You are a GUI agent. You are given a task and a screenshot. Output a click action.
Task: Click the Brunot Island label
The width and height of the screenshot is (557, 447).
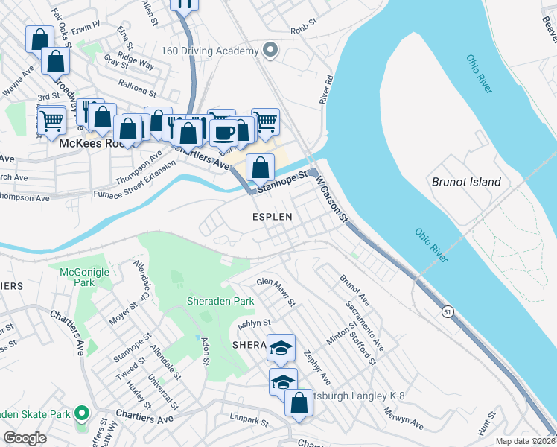tap(466, 182)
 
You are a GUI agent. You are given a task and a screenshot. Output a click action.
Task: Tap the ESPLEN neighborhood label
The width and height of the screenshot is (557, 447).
tap(270, 216)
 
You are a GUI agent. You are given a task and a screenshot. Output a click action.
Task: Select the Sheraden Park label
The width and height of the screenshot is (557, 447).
tap(220, 302)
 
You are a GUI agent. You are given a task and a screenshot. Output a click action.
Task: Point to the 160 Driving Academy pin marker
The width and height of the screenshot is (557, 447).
tap(270, 51)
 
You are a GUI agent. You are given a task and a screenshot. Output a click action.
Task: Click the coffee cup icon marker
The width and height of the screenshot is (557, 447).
tap(224, 133)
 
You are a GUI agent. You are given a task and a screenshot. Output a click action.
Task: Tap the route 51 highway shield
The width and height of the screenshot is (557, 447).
tap(446, 310)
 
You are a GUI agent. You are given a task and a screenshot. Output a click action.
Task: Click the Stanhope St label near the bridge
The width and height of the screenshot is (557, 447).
tap(282, 181)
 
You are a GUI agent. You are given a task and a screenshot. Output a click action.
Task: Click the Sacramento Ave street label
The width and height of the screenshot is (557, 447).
tap(365, 325)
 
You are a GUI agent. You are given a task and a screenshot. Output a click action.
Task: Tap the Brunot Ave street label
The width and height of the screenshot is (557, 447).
tap(354, 288)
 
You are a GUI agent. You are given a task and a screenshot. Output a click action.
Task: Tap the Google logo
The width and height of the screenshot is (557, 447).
tap(25, 438)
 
